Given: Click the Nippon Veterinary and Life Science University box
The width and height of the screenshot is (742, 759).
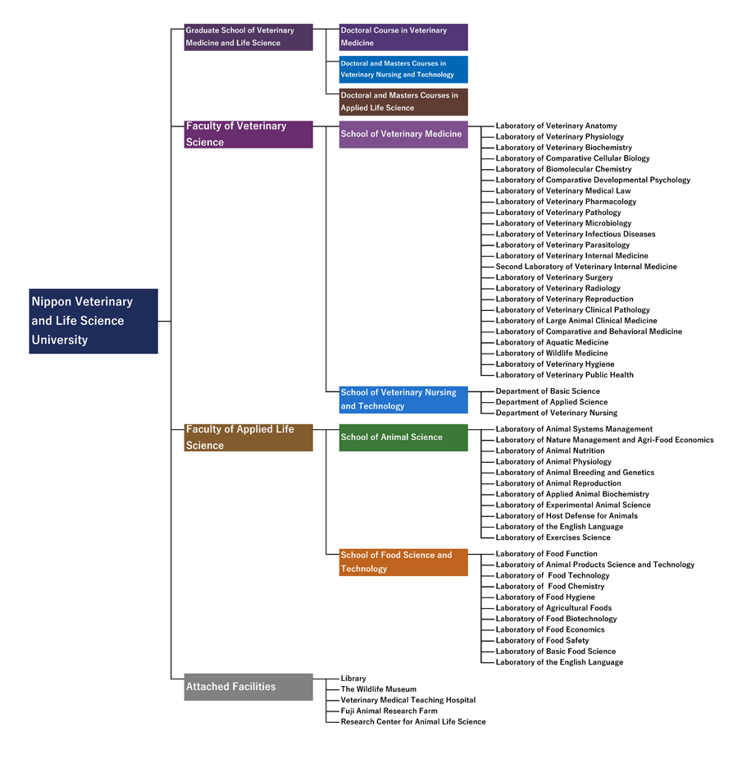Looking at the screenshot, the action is coord(93,321).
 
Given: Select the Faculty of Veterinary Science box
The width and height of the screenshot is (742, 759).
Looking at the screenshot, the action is coord(248,134).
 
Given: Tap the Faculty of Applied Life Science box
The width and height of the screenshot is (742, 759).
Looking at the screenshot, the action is coord(248,437).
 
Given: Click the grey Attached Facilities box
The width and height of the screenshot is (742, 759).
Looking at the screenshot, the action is coord(248,687).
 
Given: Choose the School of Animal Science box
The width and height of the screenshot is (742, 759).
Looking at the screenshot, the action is coord(403,437).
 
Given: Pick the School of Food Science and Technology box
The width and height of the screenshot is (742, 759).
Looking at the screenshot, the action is coord(403,562).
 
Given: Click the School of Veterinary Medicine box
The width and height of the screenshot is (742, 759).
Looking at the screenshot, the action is coord(403,134).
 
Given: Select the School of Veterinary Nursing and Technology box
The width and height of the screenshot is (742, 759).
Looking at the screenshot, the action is coord(403,400).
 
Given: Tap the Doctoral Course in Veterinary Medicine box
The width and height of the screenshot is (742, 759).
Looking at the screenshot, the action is coord(403,37).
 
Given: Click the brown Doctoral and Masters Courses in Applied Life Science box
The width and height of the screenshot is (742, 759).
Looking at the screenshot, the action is coord(403,102).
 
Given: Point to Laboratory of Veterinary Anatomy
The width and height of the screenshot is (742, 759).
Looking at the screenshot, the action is coord(556,126).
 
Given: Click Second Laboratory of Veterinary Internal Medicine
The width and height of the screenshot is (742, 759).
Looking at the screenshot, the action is coord(586,267).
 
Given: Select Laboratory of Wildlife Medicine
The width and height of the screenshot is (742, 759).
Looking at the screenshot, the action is coord(552,354).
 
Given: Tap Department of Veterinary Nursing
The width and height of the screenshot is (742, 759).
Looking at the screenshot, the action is coord(556,413).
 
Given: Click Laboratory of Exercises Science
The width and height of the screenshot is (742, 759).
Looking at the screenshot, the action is coord(553,537).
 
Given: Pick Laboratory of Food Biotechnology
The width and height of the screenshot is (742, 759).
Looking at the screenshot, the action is coord(556,619).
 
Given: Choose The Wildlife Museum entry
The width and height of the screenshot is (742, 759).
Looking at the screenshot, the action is coord(378,689).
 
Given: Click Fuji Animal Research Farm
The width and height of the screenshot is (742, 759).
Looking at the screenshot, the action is coord(389,711).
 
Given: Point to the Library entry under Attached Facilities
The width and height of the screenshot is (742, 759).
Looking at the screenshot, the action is coord(353,679).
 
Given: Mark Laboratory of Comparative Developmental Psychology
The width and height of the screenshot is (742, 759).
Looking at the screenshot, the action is coord(593,180).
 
